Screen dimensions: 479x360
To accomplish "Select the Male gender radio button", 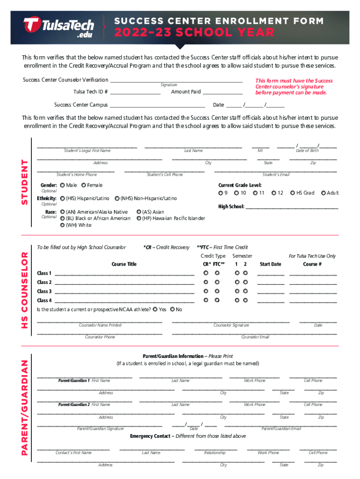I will [62, 186].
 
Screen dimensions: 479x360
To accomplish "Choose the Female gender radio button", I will [84, 186].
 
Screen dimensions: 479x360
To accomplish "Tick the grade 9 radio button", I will [220, 193].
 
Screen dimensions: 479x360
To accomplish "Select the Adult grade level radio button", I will [323, 193].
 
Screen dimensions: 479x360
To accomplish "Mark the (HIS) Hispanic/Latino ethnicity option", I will [62, 199].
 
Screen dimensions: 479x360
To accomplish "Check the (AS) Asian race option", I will [139, 212].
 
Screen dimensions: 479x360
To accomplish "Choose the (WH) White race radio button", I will [62, 225].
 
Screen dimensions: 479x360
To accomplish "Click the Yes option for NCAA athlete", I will [155, 310].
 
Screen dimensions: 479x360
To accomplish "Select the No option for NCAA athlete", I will [173, 310].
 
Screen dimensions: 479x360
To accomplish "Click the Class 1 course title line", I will [124, 274].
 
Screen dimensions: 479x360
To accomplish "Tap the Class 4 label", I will [44, 300].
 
